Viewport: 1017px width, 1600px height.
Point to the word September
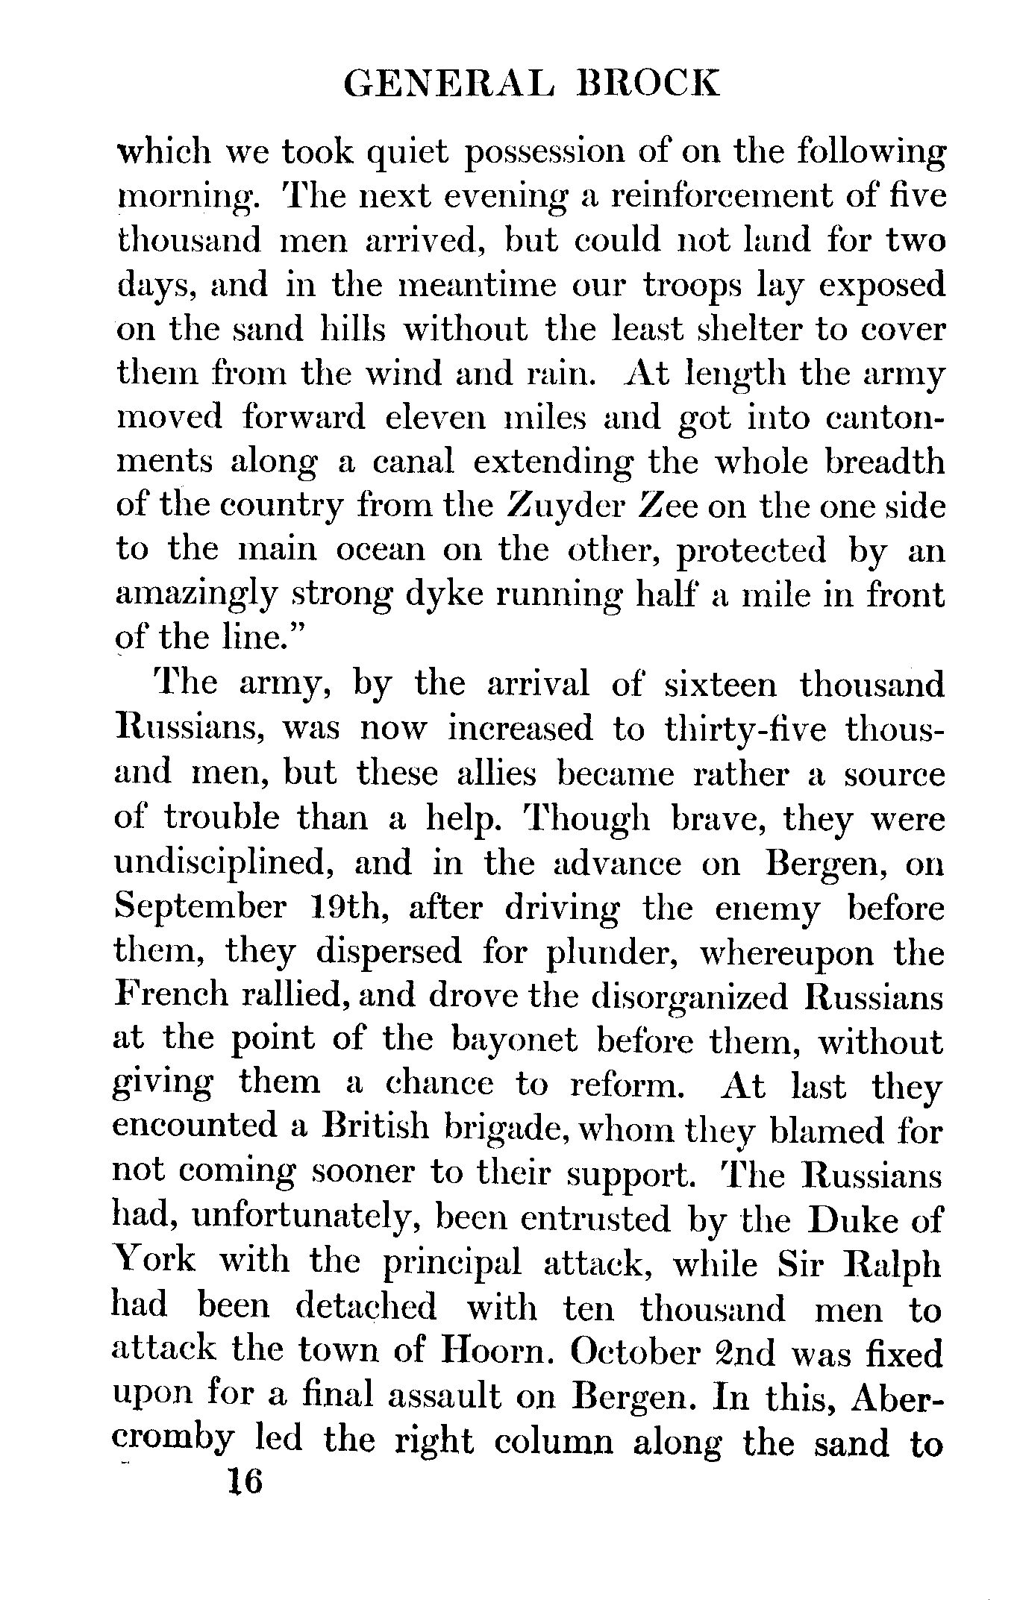click(201, 908)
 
